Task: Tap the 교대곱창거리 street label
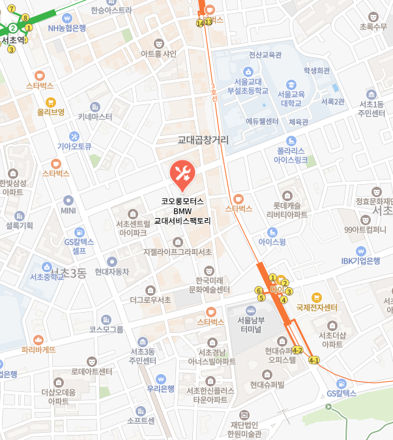[203, 140]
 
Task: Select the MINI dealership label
[68, 210]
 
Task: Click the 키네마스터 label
[95, 117]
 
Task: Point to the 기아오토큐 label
[74, 146]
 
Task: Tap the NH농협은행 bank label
[67, 27]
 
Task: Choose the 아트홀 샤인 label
[159, 54]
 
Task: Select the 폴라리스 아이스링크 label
[293, 155]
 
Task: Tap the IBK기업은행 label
[360, 260]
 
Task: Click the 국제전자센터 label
[317, 307]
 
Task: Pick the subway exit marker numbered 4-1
[313, 360]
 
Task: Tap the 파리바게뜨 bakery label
[38, 349]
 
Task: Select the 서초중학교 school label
[47, 276]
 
